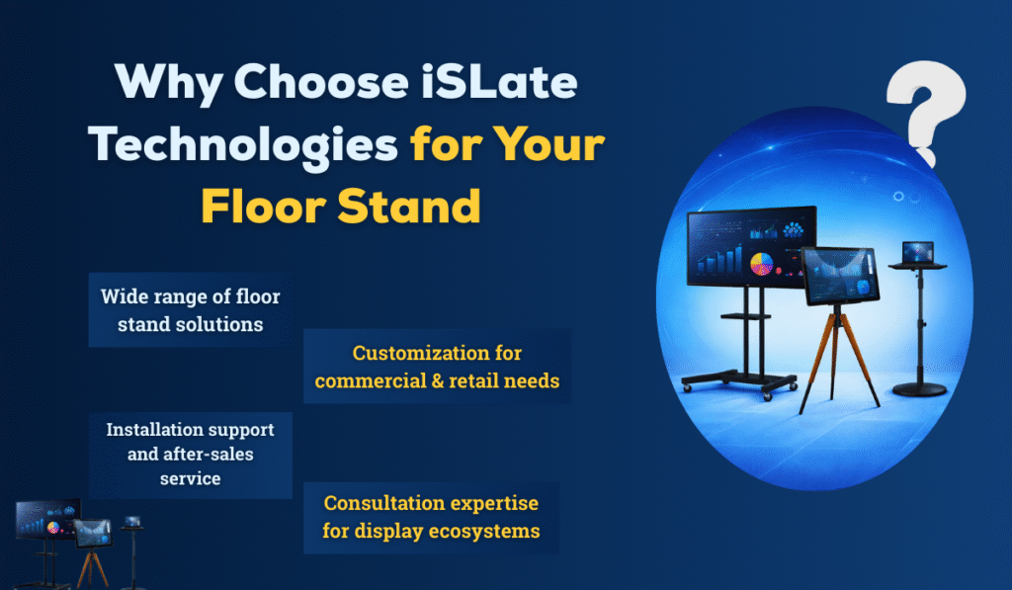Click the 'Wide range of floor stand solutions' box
191,309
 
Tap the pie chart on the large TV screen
762,264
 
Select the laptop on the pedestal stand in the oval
918,252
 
